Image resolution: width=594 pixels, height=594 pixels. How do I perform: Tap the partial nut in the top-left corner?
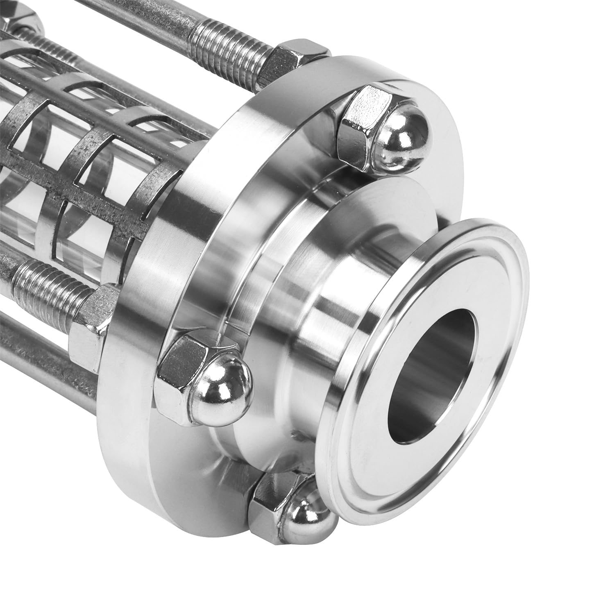[20, 16]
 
